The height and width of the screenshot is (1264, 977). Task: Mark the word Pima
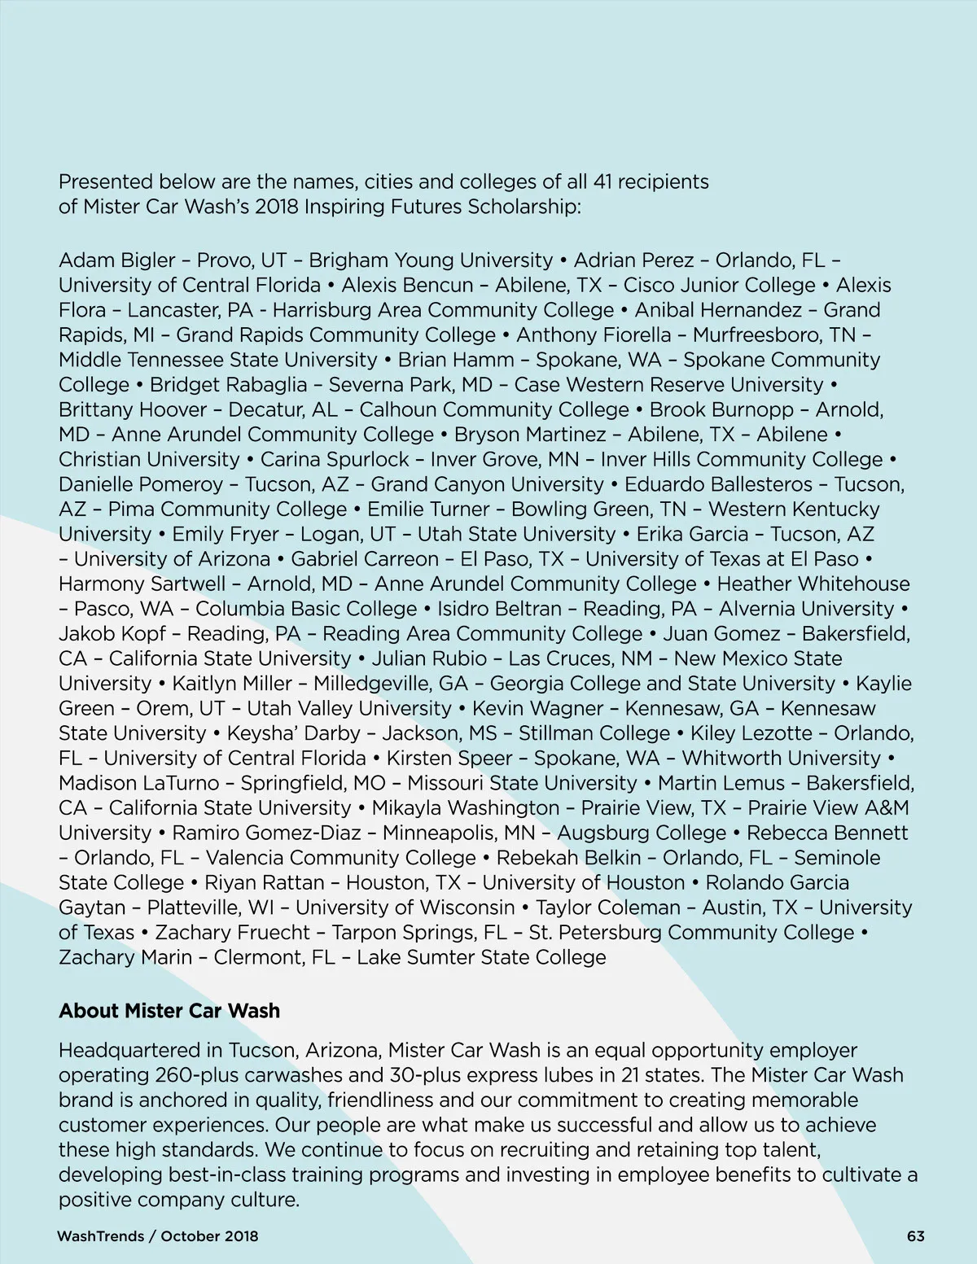click(130, 510)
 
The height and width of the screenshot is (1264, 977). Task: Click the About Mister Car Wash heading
click(169, 1011)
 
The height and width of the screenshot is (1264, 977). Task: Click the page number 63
click(916, 1236)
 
